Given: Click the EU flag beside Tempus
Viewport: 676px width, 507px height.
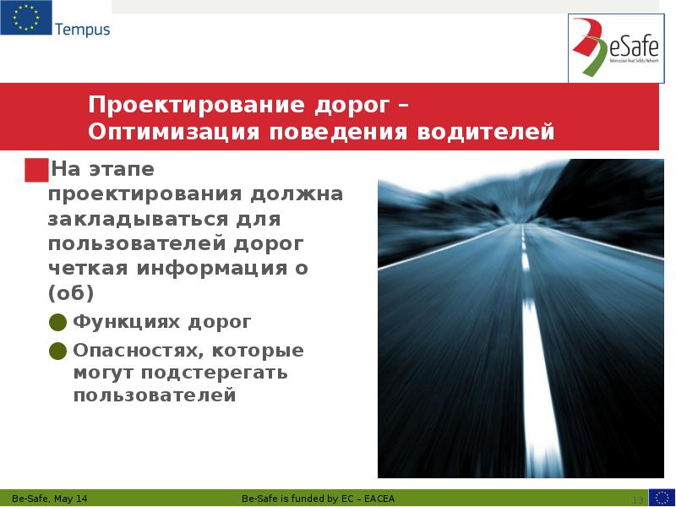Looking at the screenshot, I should (25, 19).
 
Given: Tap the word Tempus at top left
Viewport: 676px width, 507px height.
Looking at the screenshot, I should (82, 30).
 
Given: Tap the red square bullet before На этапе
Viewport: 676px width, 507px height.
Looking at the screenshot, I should (36, 170).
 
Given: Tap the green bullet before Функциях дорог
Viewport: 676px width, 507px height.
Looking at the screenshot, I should (58, 322).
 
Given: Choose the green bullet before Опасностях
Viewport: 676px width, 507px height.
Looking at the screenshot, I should (58, 350).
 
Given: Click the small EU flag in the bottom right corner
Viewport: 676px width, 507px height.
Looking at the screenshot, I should (662, 497).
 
